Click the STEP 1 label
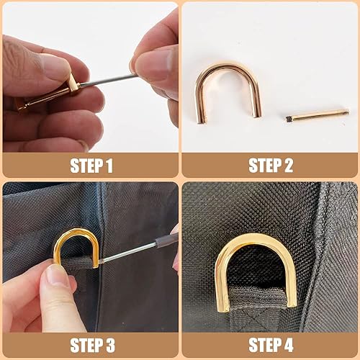[x=91, y=166]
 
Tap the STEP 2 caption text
[x=271, y=166]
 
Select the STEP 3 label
[x=91, y=343]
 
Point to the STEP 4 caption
[x=271, y=343]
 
